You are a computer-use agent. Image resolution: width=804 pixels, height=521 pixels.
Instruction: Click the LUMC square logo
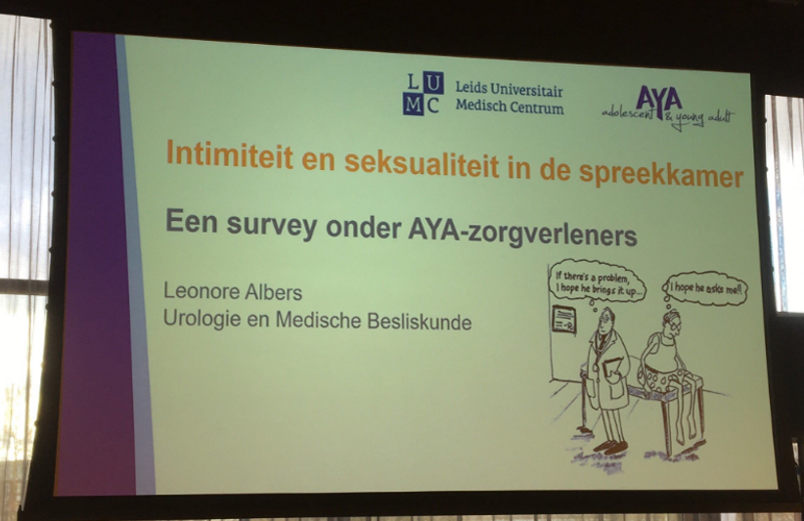[423, 93]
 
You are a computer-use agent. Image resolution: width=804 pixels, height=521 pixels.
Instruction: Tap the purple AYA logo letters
[659, 99]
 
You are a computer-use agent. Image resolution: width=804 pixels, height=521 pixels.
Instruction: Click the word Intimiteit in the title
[230, 153]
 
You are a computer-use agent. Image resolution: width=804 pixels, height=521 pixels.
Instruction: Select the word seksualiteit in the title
[422, 163]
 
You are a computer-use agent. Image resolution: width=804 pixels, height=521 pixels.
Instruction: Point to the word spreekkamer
[661, 175]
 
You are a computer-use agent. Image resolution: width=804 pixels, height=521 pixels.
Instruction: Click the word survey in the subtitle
[271, 225]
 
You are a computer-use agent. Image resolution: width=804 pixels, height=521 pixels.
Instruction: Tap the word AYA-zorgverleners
[522, 233]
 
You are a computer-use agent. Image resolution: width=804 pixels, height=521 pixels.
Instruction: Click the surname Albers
[273, 292]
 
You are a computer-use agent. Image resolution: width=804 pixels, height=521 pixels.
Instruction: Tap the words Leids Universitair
[510, 89]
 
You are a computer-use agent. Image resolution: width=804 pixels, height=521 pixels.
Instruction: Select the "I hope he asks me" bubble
[705, 288]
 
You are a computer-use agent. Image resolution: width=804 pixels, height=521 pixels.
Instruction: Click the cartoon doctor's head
[607, 320]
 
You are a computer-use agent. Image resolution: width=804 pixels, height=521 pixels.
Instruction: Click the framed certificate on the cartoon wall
[563, 321]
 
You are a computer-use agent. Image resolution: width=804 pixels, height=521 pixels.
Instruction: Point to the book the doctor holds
[613, 369]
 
